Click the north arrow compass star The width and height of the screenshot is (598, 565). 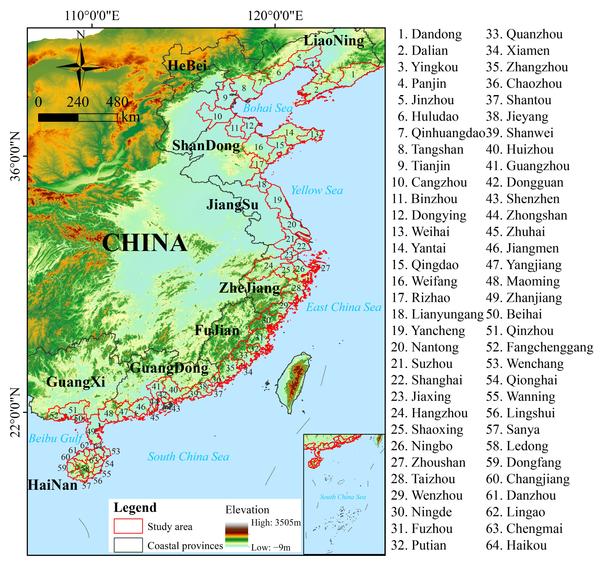(80, 67)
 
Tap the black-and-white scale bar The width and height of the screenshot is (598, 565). (78, 117)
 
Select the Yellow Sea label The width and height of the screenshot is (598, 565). (317, 190)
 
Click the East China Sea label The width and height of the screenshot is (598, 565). (344, 307)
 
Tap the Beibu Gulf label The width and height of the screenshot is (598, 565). (55, 438)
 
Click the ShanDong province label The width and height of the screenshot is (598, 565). (206, 146)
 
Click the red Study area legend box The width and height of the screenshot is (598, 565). (128, 526)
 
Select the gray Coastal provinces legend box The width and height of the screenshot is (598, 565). (128, 545)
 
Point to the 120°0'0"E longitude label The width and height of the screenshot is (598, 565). (275, 16)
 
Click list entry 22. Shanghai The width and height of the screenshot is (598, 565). (427, 380)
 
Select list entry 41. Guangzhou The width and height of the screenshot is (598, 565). (528, 166)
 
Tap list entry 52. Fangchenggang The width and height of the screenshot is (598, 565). (539, 347)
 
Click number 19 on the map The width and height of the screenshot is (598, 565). (278, 200)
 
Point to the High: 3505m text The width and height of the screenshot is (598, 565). (276, 523)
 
